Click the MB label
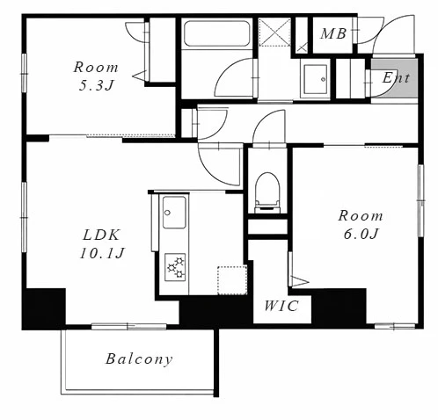point(333,33)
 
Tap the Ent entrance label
point(396,77)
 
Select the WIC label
point(281,306)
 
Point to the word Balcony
point(139,359)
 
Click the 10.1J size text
point(102,253)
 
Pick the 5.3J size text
point(96,85)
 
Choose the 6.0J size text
point(361,234)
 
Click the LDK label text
point(101,235)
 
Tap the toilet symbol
point(267,192)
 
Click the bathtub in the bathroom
point(217,33)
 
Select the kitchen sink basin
point(174,213)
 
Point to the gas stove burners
point(175,267)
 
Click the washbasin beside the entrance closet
point(316,79)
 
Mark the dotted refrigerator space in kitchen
point(232,280)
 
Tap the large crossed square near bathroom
point(274,32)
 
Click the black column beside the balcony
point(44,308)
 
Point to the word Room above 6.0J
point(361,216)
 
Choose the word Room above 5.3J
point(96,68)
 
